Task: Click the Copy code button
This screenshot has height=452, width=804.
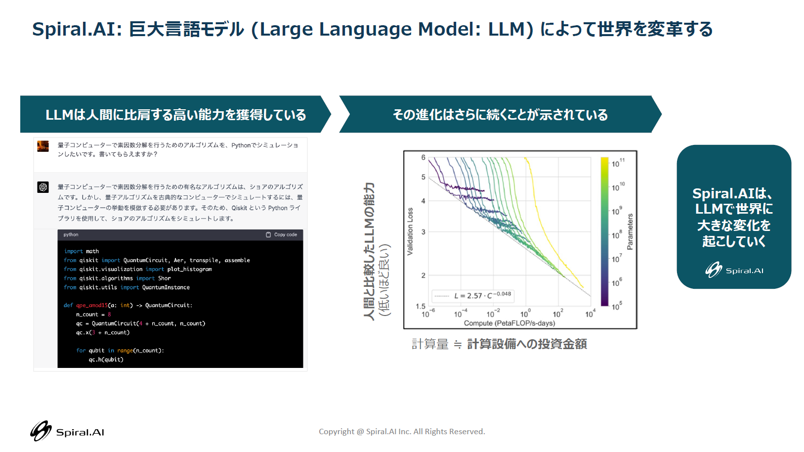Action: [x=281, y=234]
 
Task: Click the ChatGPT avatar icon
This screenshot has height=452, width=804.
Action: [x=43, y=187]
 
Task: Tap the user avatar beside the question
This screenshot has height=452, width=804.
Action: [x=43, y=146]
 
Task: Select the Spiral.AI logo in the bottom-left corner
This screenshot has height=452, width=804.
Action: [x=67, y=431]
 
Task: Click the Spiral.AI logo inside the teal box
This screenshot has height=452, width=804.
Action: [x=734, y=270]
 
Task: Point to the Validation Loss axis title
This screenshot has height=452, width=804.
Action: [x=410, y=231]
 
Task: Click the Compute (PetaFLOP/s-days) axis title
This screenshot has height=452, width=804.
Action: [x=509, y=323]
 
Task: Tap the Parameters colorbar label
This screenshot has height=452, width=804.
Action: [x=630, y=232]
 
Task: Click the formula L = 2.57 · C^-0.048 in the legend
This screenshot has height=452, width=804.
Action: [x=482, y=295]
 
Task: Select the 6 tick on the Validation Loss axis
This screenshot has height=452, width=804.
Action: [x=423, y=157]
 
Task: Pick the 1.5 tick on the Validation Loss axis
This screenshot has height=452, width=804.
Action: [x=421, y=306]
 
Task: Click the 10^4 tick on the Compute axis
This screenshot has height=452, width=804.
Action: [x=590, y=314]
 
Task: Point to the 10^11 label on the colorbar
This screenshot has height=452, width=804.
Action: [x=618, y=163]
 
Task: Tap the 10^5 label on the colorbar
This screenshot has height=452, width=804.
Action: [x=617, y=306]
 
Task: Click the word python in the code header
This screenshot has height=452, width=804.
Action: [x=71, y=234]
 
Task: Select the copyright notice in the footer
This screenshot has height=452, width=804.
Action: [x=402, y=431]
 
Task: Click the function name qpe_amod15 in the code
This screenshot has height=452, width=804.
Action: [x=92, y=306]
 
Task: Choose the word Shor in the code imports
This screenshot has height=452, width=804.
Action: [x=165, y=278]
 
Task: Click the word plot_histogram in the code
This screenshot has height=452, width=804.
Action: [x=190, y=269]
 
